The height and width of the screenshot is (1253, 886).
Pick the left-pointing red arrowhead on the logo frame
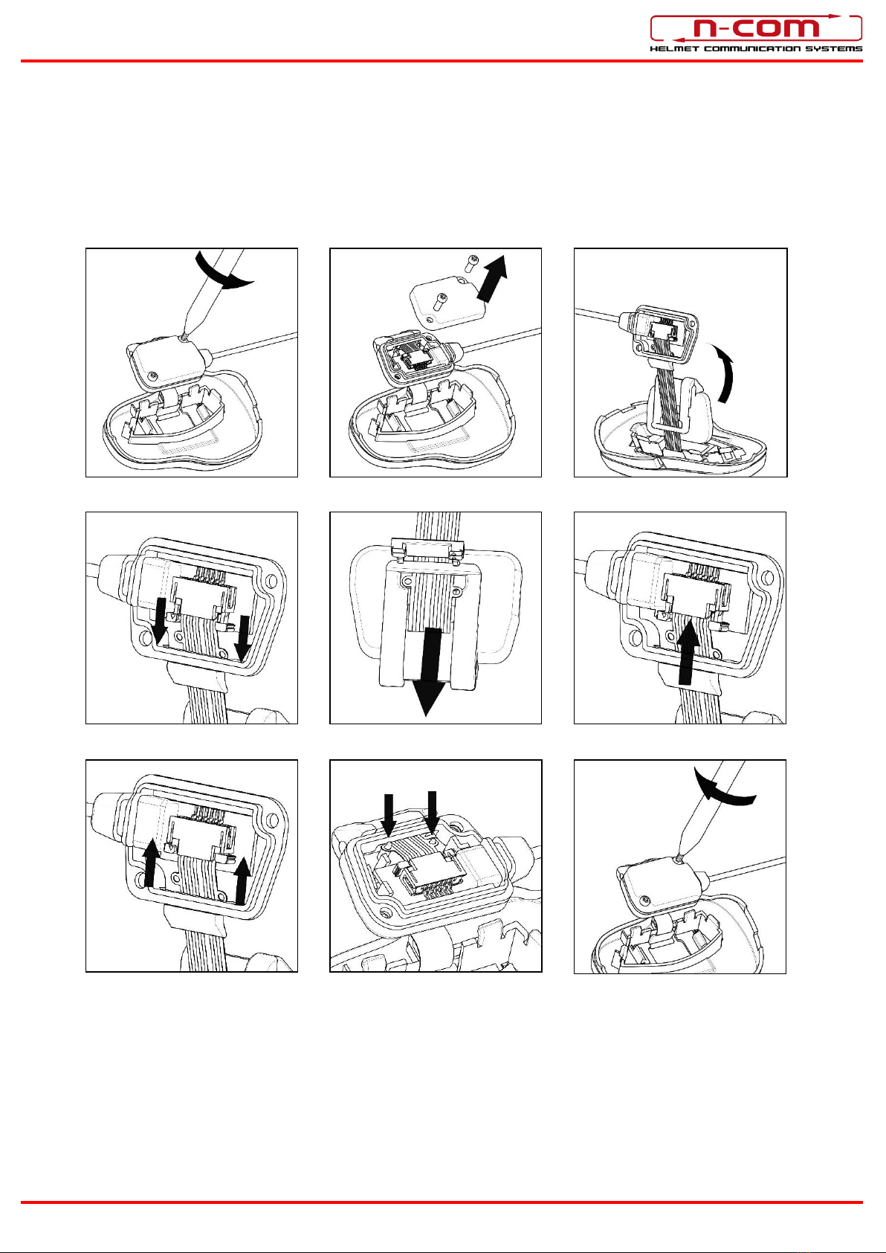pyautogui.click(x=679, y=39)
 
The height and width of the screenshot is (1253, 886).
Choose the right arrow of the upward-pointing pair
pyautogui.click(x=242, y=882)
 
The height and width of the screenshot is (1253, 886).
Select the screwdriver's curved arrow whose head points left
pyautogui.click(x=724, y=787)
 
